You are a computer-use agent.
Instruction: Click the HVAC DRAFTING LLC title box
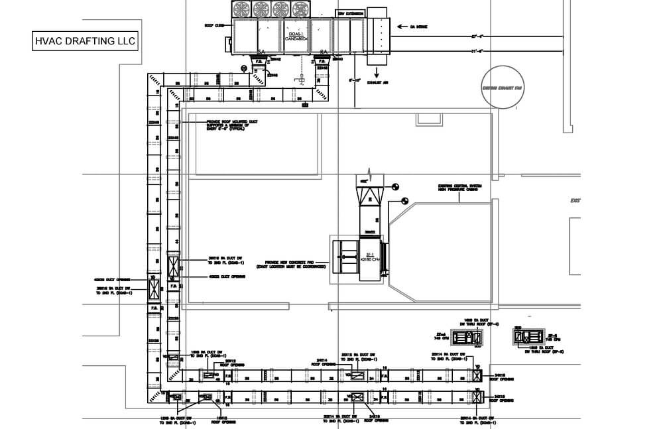point(85,41)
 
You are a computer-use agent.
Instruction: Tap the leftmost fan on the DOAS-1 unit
point(241,9)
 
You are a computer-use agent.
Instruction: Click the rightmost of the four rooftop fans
point(301,9)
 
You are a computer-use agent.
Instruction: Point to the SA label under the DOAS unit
point(261,52)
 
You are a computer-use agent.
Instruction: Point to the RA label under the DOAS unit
point(323,52)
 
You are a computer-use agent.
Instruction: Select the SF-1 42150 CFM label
point(370,257)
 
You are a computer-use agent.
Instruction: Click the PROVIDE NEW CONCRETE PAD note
point(295,264)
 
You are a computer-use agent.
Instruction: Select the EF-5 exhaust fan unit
point(529,337)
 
